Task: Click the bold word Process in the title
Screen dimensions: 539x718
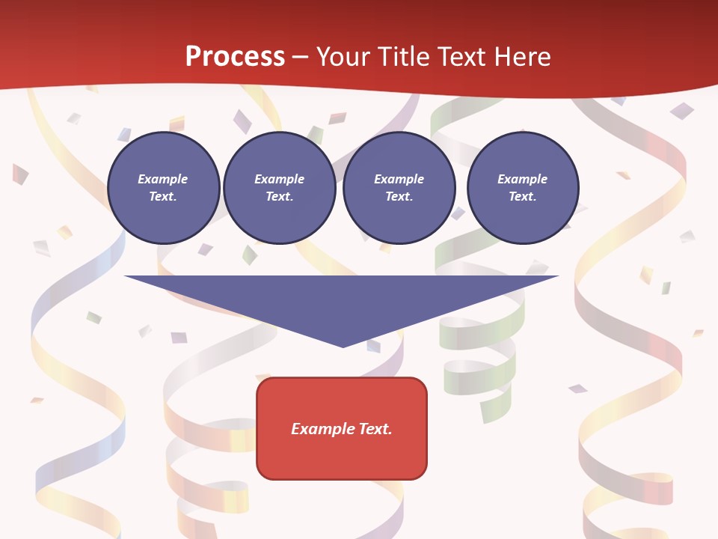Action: tap(235, 57)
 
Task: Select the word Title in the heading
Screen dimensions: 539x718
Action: tap(401, 57)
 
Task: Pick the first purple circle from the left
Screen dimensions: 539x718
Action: tap(163, 187)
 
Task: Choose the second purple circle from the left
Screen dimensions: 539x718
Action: tap(280, 187)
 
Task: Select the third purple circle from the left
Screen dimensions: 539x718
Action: tap(399, 187)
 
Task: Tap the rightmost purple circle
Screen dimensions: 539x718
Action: tap(523, 187)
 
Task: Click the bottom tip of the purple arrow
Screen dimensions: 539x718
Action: tap(343, 346)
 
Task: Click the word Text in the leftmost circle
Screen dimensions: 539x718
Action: tap(162, 197)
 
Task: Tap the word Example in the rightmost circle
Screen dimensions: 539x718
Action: tap(522, 179)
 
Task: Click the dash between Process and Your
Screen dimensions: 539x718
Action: tap(300, 57)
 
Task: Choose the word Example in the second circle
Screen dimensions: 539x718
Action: tap(279, 179)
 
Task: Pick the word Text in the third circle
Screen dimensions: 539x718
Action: tap(398, 197)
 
